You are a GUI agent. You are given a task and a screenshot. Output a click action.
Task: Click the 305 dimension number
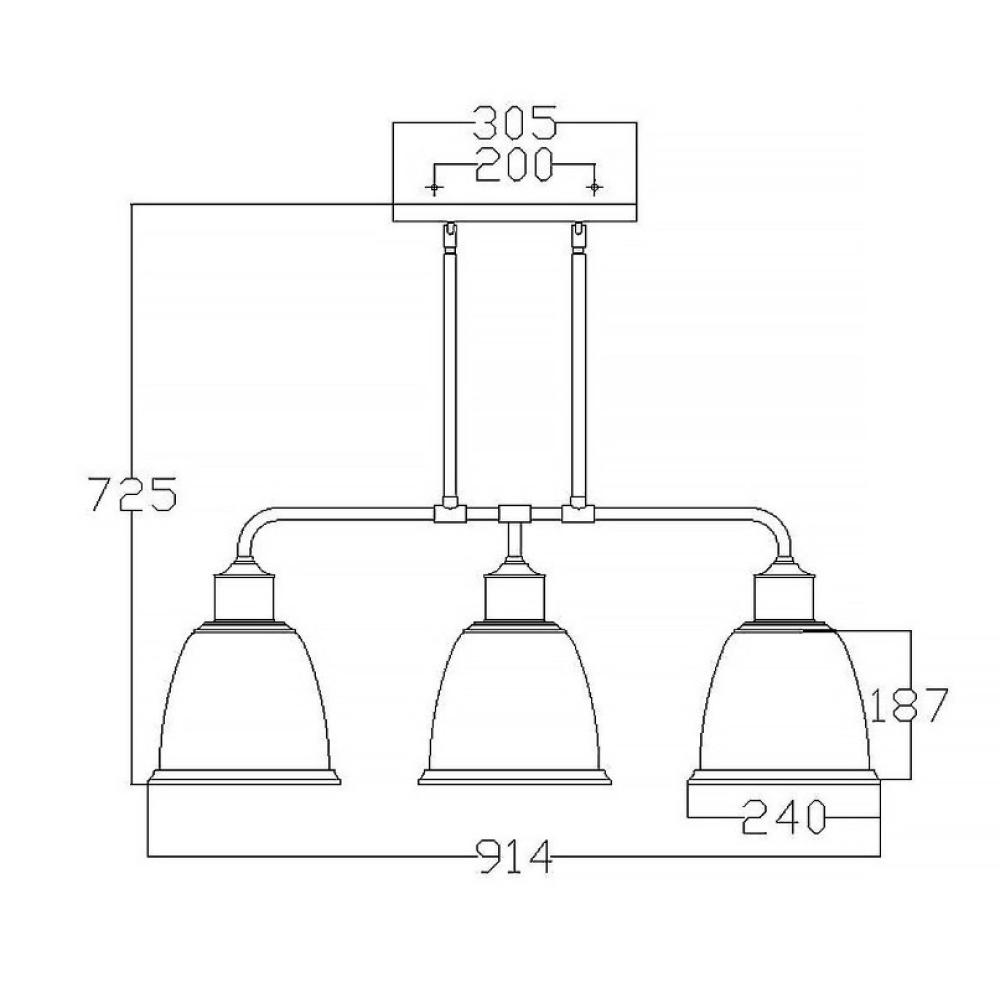pyautogui.click(x=515, y=123)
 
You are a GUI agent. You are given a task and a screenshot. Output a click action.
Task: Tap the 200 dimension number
pyautogui.click(x=513, y=165)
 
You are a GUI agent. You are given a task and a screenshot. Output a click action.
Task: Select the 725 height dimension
pyautogui.click(x=131, y=494)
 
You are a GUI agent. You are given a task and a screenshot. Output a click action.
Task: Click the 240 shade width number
pyautogui.click(x=784, y=817)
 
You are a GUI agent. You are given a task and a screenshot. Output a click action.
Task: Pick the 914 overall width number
pyautogui.click(x=514, y=857)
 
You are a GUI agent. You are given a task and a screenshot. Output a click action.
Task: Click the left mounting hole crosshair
pyautogui.click(x=434, y=188)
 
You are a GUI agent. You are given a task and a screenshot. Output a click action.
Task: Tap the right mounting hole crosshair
pyautogui.click(x=594, y=188)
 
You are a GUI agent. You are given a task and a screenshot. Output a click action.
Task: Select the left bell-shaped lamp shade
pyautogui.click(x=244, y=702)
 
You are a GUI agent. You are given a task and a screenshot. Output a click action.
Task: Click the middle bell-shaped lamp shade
pyautogui.click(x=514, y=702)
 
